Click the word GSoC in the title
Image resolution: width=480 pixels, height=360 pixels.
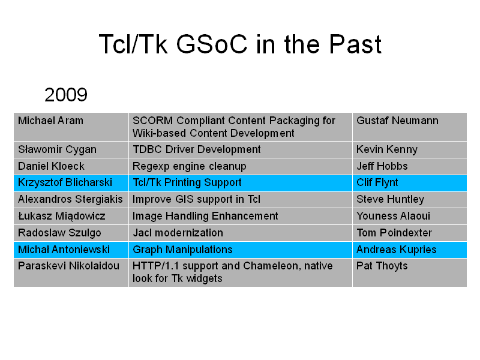click(x=212, y=44)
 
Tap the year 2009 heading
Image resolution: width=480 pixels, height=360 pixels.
click(x=66, y=95)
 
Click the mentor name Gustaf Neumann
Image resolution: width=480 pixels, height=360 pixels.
click(x=397, y=121)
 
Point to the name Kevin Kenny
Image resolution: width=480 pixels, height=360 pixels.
click(x=387, y=149)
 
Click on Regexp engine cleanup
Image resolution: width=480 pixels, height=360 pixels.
click(x=189, y=166)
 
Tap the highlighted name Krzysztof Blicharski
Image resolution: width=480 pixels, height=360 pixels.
click(x=65, y=182)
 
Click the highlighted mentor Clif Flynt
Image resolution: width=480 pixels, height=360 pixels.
click(x=377, y=182)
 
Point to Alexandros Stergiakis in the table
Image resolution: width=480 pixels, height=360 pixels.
click(x=70, y=199)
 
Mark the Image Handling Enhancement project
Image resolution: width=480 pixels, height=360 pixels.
click(x=205, y=216)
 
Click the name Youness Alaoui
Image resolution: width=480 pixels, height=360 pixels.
click(x=393, y=216)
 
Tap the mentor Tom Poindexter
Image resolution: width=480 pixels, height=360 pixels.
click(x=394, y=233)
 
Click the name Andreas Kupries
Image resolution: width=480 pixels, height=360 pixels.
click(x=397, y=250)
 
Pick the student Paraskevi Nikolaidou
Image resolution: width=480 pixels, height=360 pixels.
click(x=68, y=266)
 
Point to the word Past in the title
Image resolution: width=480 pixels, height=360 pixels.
click(x=355, y=44)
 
